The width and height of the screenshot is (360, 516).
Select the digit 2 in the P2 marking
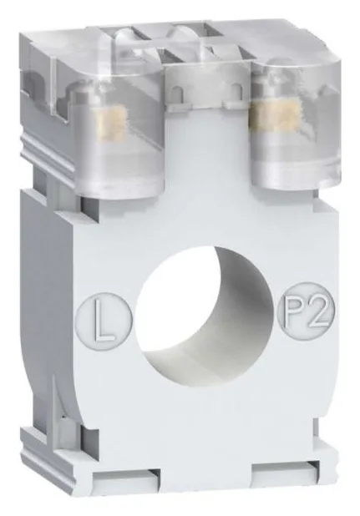[x=316, y=309]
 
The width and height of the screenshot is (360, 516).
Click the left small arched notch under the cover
[x=177, y=93]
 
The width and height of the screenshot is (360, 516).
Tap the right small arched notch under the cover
[x=236, y=90]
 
